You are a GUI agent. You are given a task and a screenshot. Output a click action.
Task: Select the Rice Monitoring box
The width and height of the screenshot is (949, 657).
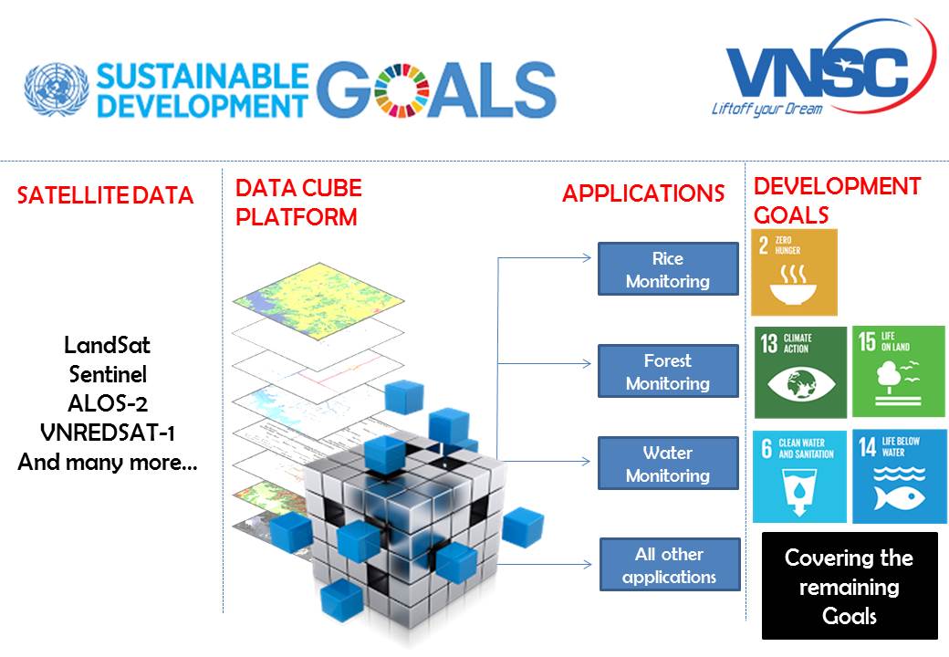click(668, 269)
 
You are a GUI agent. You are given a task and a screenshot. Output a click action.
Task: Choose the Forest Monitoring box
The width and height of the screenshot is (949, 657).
click(668, 371)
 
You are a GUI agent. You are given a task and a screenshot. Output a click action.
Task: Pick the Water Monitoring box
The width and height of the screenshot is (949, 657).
click(668, 464)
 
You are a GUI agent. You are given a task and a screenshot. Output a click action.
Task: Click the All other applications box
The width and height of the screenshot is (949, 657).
click(670, 565)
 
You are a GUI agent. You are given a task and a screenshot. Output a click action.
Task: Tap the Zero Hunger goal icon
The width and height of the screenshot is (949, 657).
click(794, 273)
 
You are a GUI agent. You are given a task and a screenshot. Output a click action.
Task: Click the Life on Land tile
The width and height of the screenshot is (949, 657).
click(899, 372)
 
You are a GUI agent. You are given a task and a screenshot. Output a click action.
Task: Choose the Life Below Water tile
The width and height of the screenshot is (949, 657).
click(899, 475)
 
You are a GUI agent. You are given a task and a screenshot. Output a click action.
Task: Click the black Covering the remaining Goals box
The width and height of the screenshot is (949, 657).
click(850, 586)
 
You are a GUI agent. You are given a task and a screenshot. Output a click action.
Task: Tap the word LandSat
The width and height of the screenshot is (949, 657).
click(108, 346)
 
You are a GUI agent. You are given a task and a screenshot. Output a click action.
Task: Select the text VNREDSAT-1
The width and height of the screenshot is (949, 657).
click(108, 433)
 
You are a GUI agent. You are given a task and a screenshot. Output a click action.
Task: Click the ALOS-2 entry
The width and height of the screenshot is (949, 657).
click(108, 404)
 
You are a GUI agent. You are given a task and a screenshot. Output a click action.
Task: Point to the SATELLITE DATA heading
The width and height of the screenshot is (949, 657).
click(106, 195)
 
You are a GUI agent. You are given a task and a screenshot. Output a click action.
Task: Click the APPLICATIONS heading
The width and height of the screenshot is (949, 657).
click(643, 193)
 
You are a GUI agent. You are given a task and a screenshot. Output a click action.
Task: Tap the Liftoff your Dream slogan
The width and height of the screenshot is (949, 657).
click(766, 109)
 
